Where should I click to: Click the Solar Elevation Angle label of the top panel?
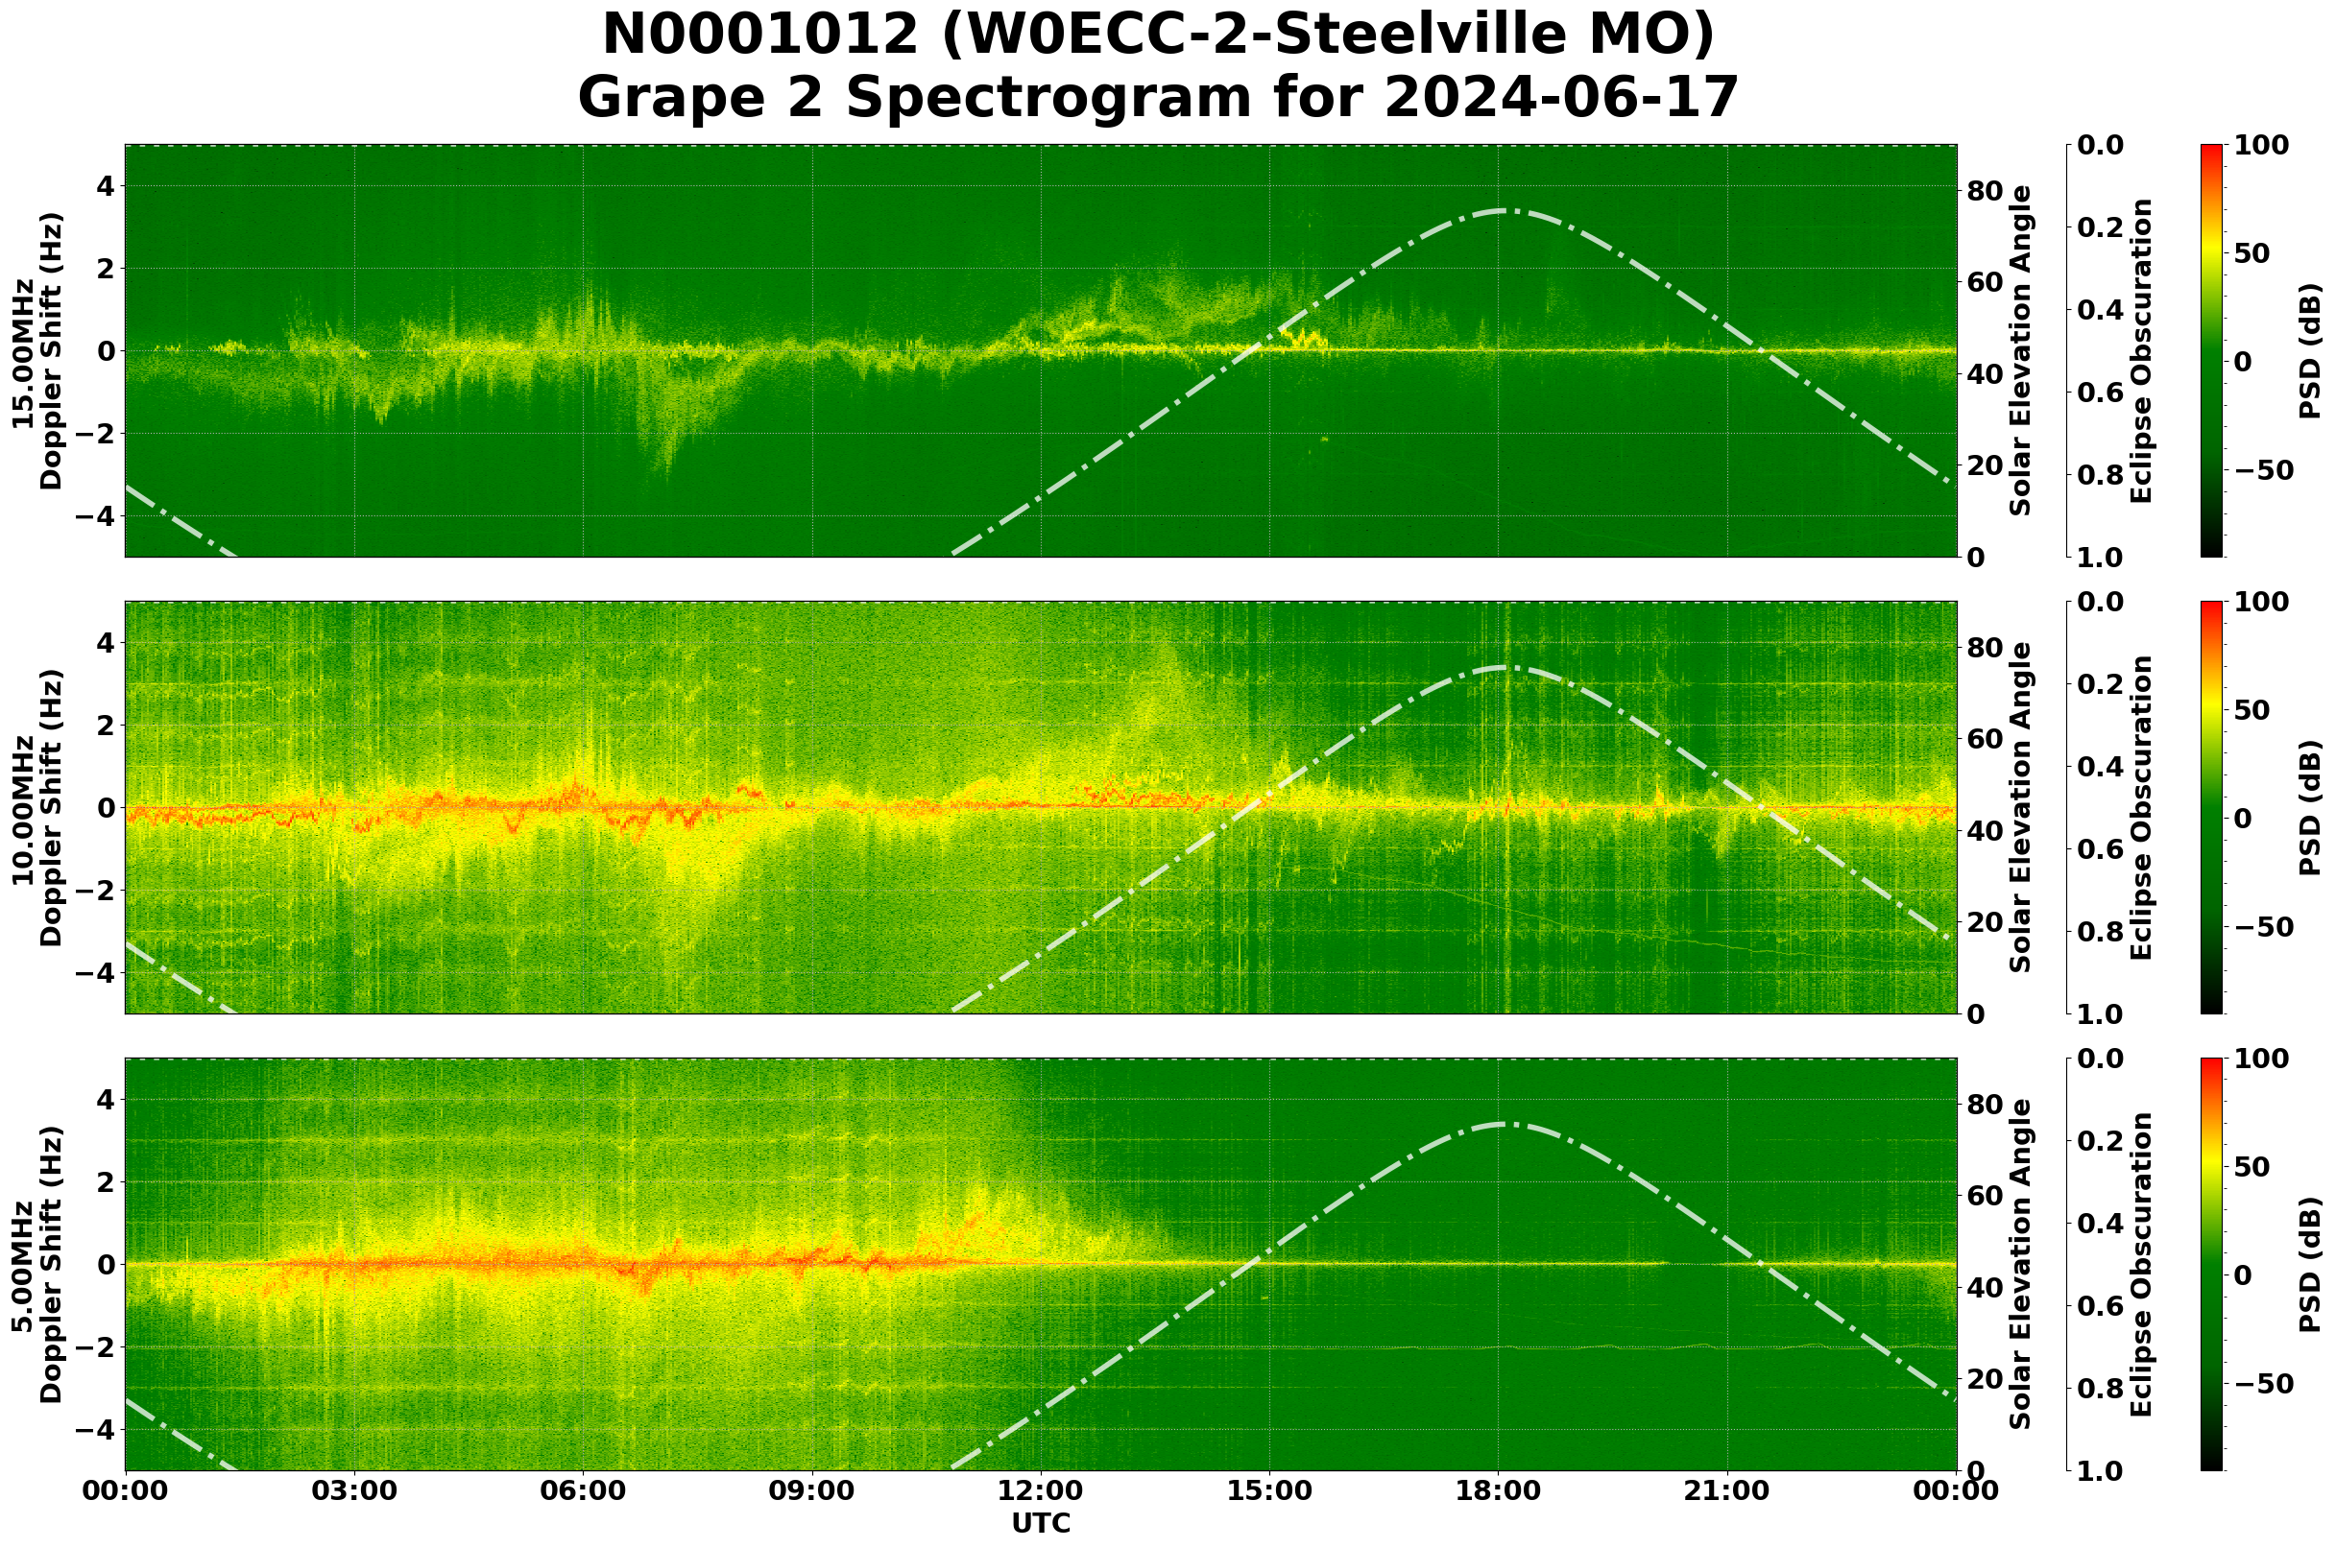pyautogui.click(x=2021, y=350)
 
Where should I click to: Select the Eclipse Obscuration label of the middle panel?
pyautogui.click(x=2140, y=807)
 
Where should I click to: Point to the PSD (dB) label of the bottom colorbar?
pyautogui.click(x=2309, y=1265)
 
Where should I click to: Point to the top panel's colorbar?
pyautogui.click(x=2212, y=350)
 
